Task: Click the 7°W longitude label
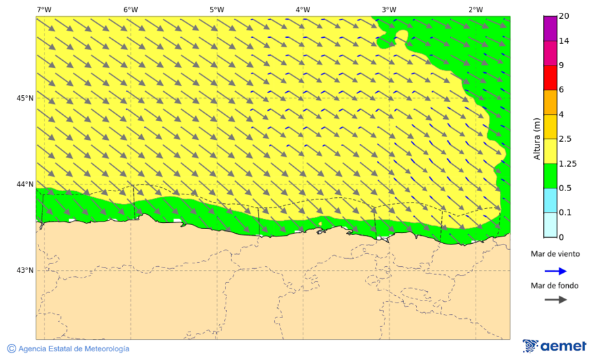point(45,9)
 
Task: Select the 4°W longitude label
point(303,9)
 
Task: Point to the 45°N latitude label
point(25,98)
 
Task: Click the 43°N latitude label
point(25,270)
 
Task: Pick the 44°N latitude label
point(25,184)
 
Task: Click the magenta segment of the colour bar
point(550,28)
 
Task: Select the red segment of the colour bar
point(550,77)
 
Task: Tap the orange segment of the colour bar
point(550,102)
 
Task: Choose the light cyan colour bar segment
point(550,225)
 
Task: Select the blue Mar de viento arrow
point(554,270)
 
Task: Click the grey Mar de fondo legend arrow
point(554,299)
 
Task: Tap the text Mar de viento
point(555,254)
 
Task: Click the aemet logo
point(554,346)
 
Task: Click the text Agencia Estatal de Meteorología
point(74,349)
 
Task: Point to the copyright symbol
point(11,349)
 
